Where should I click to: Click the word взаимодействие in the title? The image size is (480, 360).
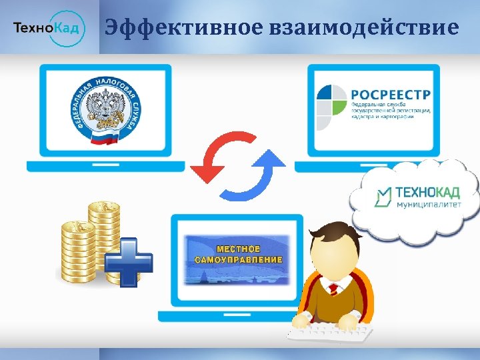365,27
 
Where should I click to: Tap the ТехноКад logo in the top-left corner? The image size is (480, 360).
49,28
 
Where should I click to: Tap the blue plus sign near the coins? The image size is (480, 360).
129,258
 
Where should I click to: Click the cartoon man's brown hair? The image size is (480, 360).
337,235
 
